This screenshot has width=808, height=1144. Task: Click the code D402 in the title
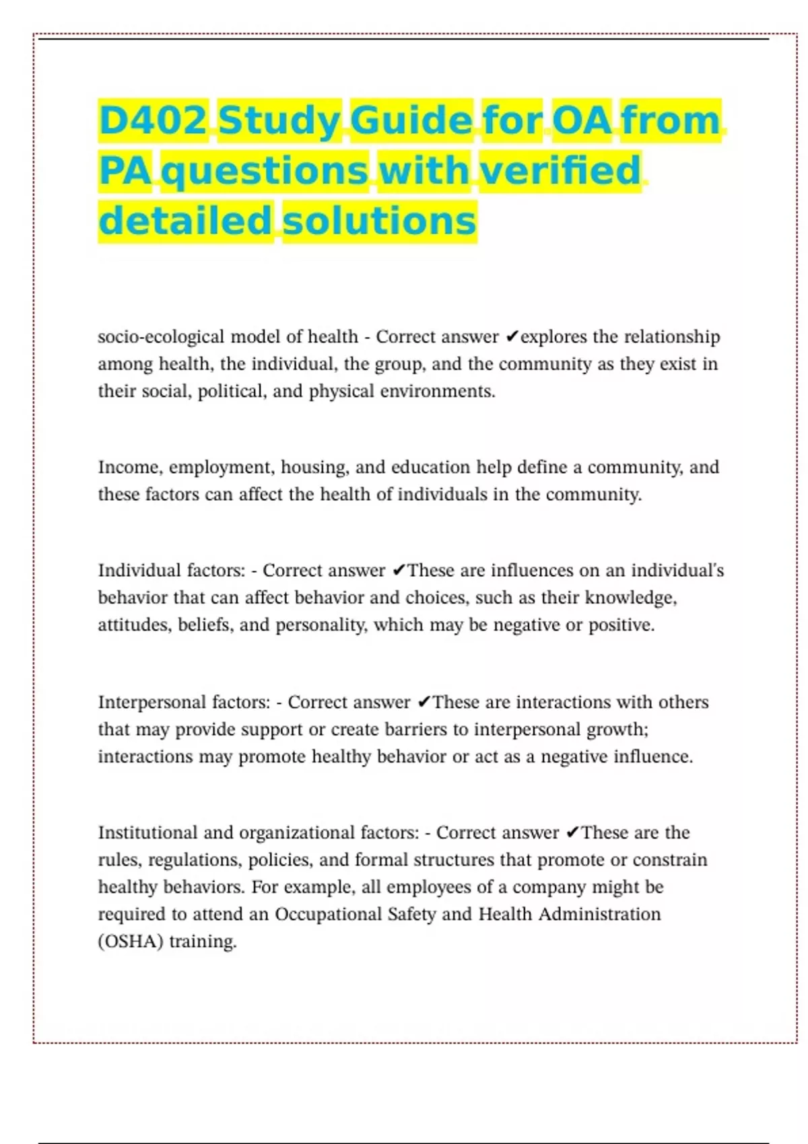(x=153, y=120)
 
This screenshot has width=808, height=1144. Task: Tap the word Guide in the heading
(x=411, y=120)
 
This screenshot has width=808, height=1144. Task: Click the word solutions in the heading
(x=380, y=221)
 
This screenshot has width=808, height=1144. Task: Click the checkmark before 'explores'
(x=512, y=336)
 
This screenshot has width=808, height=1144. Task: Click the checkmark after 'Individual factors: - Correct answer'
(x=399, y=571)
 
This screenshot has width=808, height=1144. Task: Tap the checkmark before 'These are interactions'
(x=424, y=703)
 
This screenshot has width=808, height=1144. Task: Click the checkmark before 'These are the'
(x=572, y=833)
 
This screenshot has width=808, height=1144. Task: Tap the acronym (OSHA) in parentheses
(x=131, y=941)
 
